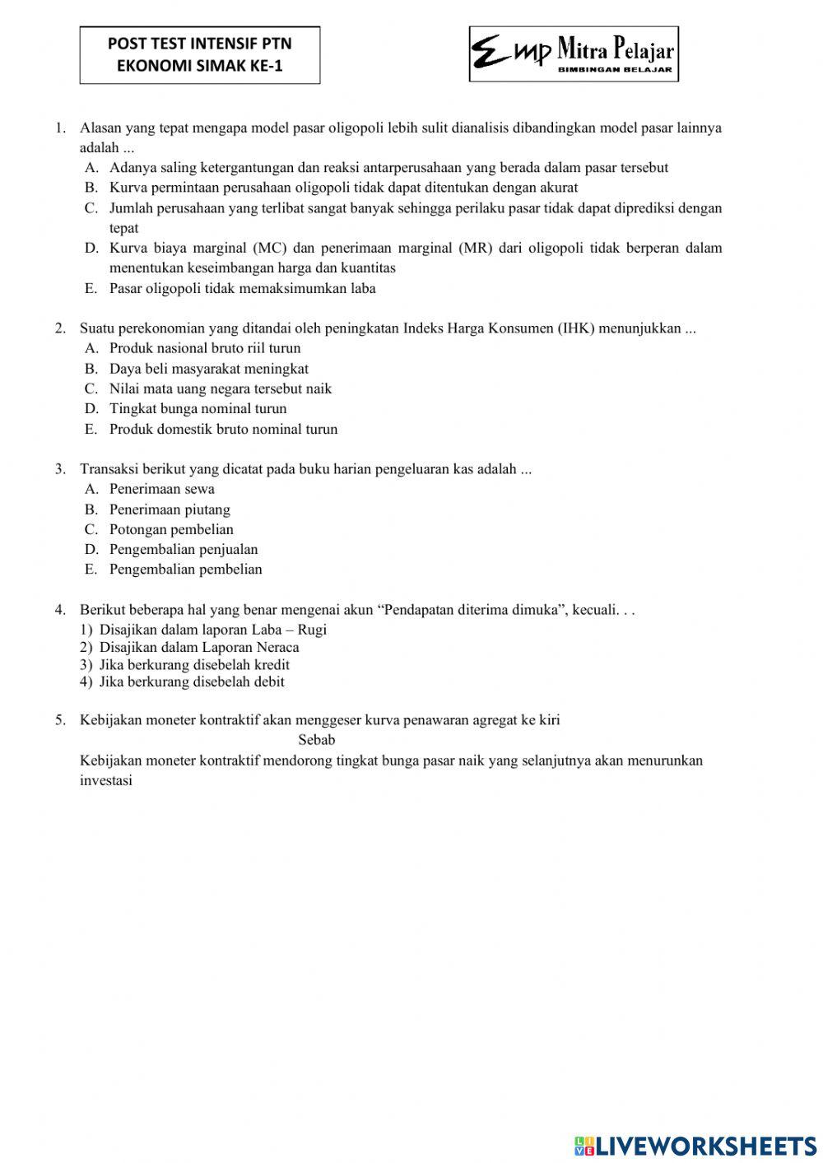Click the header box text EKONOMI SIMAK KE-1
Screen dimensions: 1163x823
point(199,67)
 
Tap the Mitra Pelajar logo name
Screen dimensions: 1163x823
point(616,51)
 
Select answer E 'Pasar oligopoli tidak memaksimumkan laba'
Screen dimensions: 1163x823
point(242,288)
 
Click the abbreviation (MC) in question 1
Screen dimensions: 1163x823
point(268,248)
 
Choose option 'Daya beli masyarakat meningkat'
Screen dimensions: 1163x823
point(209,369)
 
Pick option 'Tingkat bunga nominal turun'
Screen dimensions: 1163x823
point(198,408)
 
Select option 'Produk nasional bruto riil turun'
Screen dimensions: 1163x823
point(205,348)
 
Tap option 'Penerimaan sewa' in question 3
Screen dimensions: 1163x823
point(161,489)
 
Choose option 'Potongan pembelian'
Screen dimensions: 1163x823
point(171,529)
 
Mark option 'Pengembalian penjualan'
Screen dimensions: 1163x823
point(184,549)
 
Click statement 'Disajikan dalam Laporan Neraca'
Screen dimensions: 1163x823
point(199,647)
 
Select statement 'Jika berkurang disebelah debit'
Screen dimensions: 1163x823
point(192,682)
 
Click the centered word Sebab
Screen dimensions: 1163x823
point(317,740)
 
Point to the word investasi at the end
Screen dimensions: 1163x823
point(106,780)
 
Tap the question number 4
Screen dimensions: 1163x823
point(60,610)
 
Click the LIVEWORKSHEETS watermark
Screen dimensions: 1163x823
point(695,1146)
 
